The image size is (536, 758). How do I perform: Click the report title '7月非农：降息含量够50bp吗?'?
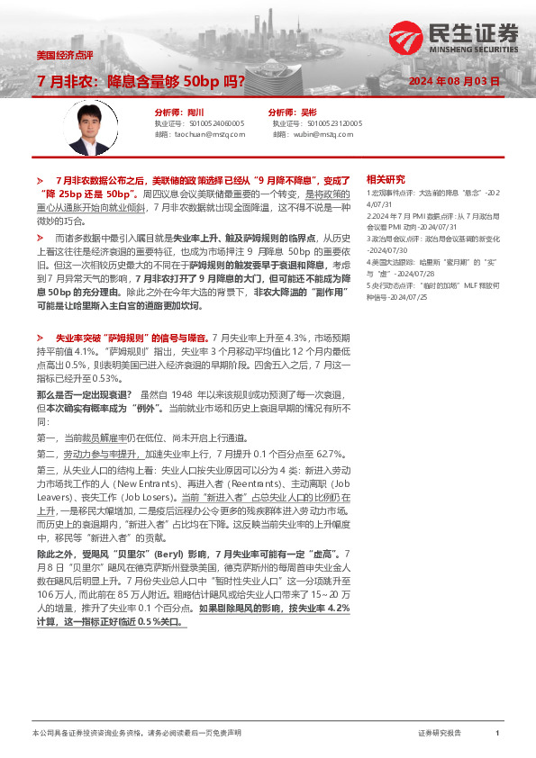click(141, 81)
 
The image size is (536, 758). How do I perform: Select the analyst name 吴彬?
click(319, 113)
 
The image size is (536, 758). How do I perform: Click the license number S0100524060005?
click(212, 123)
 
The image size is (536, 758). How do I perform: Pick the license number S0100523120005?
click(334, 123)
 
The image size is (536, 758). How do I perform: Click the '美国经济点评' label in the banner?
click(64, 54)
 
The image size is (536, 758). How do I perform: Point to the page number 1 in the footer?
click(497, 735)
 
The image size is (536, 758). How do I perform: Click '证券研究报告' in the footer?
click(440, 735)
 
